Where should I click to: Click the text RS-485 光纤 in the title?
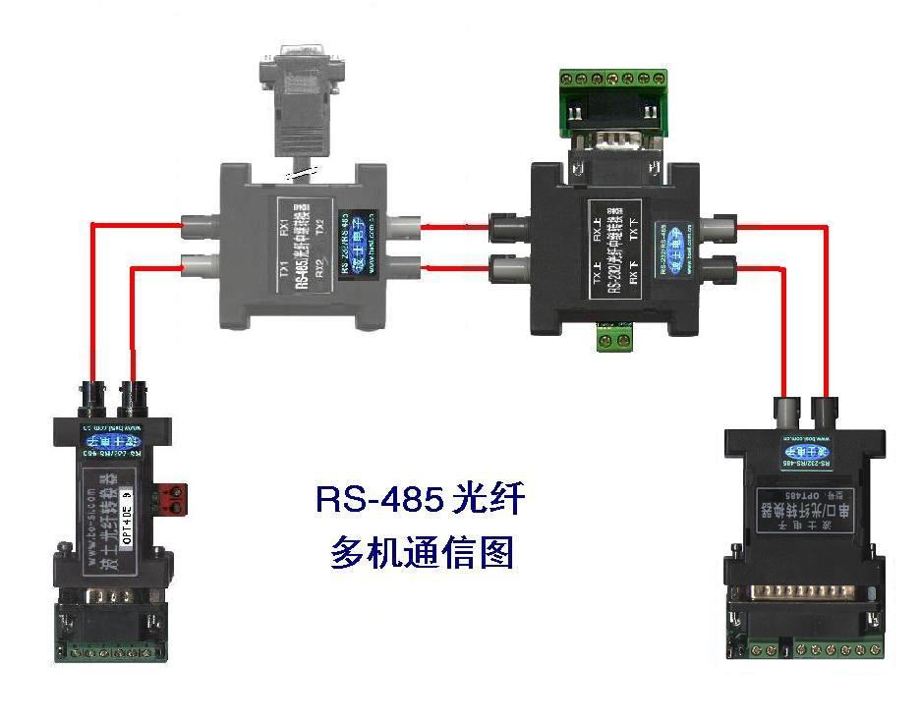(420, 499)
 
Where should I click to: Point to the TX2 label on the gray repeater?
(321, 232)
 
